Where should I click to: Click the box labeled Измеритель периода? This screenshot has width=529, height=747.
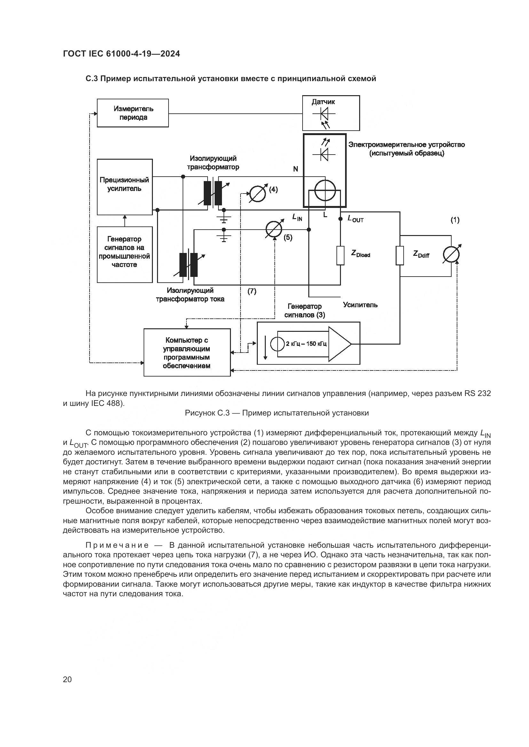[x=133, y=113]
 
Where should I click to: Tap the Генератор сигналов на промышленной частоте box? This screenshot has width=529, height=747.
[x=124, y=254]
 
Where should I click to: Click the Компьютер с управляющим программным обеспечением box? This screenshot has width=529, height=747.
[x=187, y=352]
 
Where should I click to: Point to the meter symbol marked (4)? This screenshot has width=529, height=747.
[x=257, y=194]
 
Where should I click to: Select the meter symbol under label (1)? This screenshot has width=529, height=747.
[x=452, y=255]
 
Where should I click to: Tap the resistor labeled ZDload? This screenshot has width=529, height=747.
[x=340, y=256]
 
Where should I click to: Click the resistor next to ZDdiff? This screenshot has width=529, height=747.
[x=400, y=255]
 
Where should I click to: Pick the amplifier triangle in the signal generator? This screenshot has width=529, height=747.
[x=339, y=344]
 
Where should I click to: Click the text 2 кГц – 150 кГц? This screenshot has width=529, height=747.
[x=306, y=344]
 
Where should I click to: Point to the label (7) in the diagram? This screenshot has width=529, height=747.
[x=252, y=291]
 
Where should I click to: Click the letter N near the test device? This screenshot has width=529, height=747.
[x=296, y=169]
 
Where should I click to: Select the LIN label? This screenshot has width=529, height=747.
[x=297, y=217]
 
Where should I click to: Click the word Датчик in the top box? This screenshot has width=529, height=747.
[x=323, y=102]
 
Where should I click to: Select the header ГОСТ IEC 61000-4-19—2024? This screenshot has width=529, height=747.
[x=121, y=54]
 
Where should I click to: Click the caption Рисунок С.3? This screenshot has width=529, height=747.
[x=277, y=413]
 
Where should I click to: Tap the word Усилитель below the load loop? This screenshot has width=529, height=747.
[x=360, y=305]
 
